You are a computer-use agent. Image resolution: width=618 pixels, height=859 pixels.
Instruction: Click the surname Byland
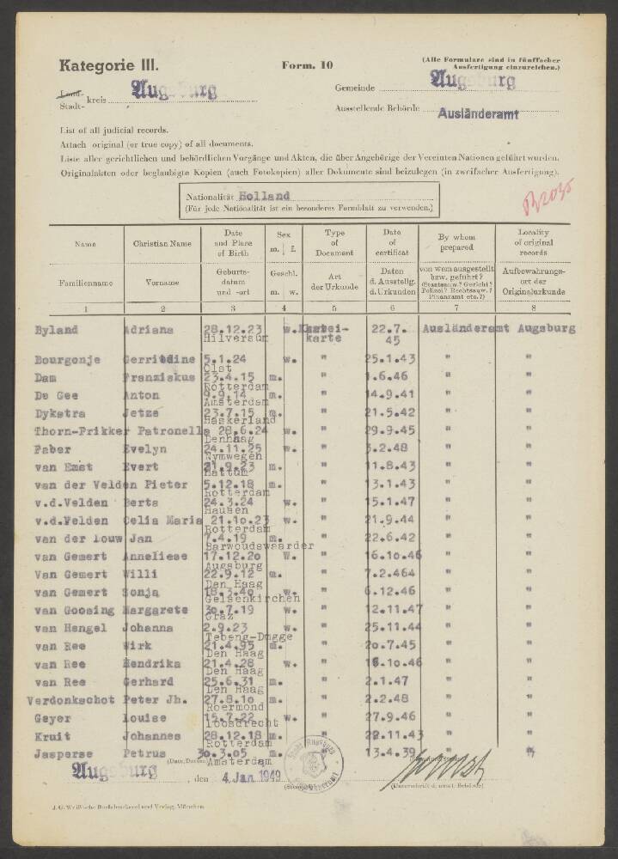pyautogui.click(x=56, y=330)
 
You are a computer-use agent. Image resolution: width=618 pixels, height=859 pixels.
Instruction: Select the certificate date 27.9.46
pyautogui.click(x=392, y=718)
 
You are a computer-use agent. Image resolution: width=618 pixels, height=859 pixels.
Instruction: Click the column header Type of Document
pyautogui.click(x=333, y=244)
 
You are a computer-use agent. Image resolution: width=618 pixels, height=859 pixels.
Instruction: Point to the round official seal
pyautogui.click(x=314, y=761)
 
